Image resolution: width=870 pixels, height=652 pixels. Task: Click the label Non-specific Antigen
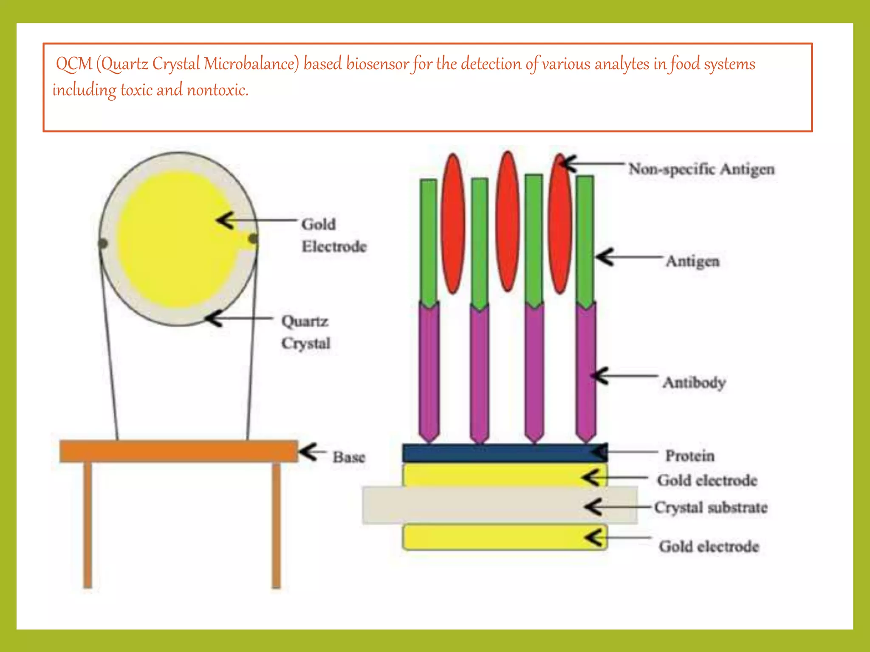701,169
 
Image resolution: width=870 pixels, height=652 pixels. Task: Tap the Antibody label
694,382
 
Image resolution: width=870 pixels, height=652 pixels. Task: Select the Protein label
689,455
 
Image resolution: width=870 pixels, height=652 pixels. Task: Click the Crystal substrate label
711,507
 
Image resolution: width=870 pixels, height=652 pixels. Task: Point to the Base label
349,457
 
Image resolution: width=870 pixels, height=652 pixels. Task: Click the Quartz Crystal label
305,332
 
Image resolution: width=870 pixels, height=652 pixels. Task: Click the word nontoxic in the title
217,90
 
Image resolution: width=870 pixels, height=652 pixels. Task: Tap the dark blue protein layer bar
501,453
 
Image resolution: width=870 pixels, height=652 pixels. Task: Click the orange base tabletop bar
178,451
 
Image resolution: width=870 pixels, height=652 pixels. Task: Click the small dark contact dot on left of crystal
102,243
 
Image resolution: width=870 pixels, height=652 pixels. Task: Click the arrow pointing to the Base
312,452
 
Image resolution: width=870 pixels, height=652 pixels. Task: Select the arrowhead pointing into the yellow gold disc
225,220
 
